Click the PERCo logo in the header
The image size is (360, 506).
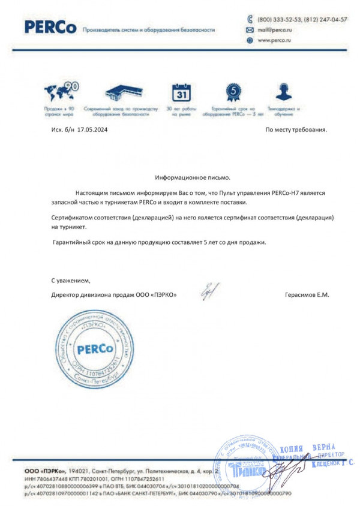point(50,28)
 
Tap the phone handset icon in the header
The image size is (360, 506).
point(250,19)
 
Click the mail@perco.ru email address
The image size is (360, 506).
point(275,29)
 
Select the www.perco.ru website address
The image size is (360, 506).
point(275,40)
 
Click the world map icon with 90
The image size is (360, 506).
point(62,93)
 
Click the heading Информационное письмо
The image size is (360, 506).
point(192,179)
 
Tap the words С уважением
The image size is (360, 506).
point(70,281)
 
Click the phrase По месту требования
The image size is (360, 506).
point(296,129)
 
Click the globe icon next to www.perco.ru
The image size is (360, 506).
point(250,40)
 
